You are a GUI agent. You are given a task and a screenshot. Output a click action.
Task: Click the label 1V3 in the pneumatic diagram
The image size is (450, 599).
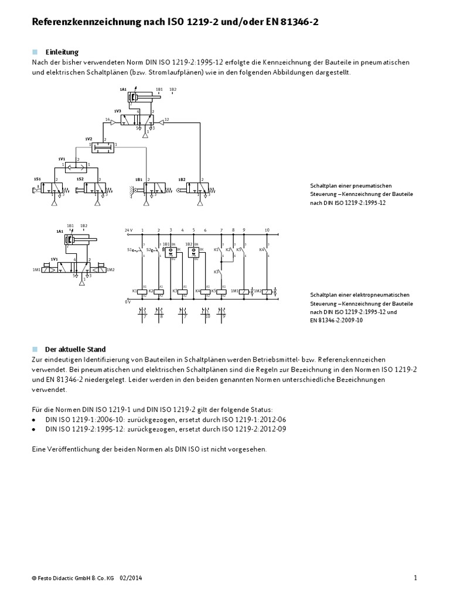pos(117,111)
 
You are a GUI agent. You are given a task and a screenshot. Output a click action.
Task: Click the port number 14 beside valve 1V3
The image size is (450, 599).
pos(107,119)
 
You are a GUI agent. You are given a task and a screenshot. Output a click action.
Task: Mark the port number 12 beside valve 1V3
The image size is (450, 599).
pos(166,119)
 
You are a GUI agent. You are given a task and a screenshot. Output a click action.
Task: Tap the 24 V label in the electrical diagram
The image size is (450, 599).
pos(128,230)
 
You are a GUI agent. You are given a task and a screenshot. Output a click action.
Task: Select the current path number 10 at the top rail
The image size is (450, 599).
pos(267,230)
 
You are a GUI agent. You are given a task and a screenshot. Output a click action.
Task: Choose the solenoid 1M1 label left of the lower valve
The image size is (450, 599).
pos(37,270)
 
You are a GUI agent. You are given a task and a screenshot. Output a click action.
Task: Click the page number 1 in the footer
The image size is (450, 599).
pos(415,578)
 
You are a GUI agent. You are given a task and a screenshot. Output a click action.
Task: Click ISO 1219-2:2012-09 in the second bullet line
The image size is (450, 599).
pos(254,429)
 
